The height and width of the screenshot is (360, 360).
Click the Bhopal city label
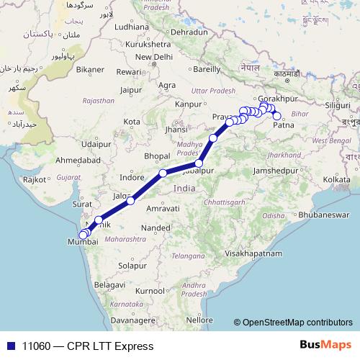[156, 156]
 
